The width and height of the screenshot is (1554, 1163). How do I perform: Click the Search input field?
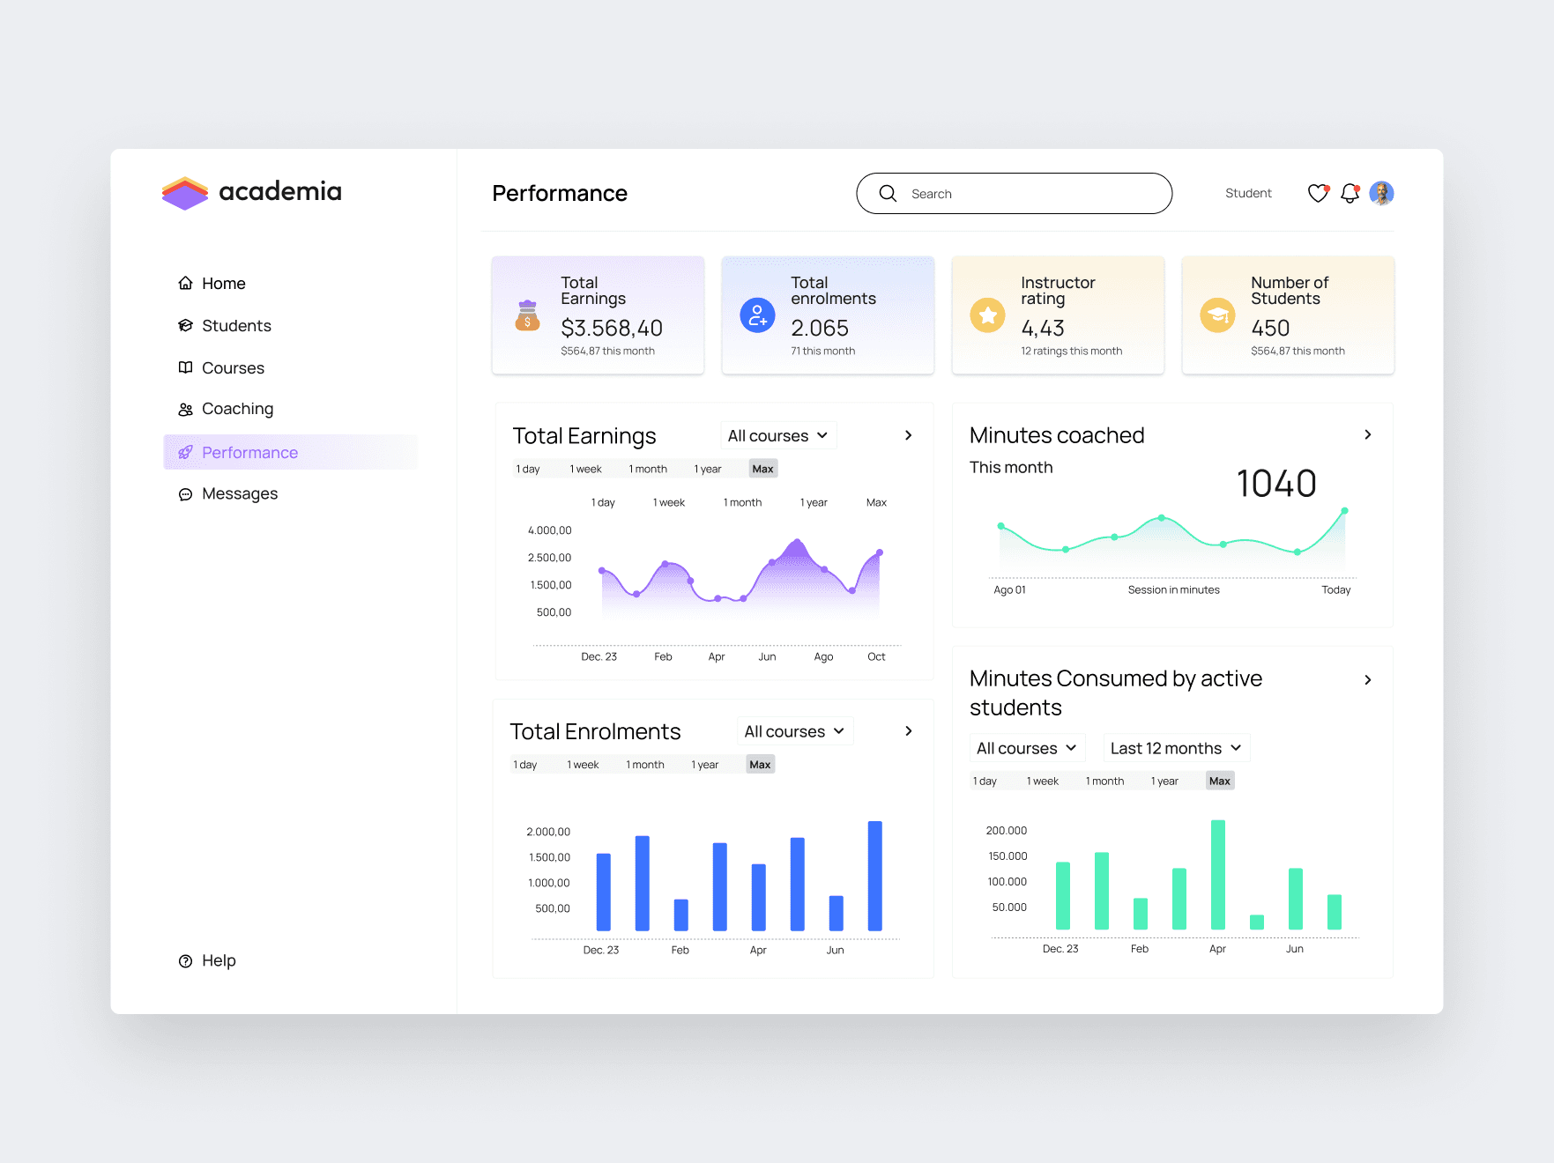tap(1014, 193)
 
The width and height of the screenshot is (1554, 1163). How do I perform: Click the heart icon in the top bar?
tap(1318, 193)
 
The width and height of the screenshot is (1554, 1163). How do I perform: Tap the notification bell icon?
tap(1350, 193)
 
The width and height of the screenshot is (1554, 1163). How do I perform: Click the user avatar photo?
tap(1381, 193)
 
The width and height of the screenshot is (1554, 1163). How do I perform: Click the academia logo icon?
tap(185, 193)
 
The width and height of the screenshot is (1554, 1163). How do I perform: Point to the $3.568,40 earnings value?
tap(612, 328)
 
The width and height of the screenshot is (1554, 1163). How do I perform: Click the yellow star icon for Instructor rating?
tap(987, 315)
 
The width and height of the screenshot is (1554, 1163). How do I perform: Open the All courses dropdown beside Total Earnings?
tap(777, 435)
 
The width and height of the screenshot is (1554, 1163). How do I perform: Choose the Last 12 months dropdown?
tap(1176, 748)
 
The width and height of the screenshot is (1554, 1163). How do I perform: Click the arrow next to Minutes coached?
tap(1367, 434)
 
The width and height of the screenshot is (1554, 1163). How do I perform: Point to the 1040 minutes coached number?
tap(1276, 484)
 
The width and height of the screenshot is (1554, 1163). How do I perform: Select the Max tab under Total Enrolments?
tap(760, 765)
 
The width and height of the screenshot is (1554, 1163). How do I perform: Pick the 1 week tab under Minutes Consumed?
tap(1043, 781)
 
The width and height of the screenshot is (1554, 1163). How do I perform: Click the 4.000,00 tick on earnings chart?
tap(549, 530)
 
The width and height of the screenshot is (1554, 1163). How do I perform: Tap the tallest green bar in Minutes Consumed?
tap(1217, 874)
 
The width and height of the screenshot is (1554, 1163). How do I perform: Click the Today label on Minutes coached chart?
tap(1335, 590)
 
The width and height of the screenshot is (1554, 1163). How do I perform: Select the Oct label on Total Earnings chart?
tap(876, 656)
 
